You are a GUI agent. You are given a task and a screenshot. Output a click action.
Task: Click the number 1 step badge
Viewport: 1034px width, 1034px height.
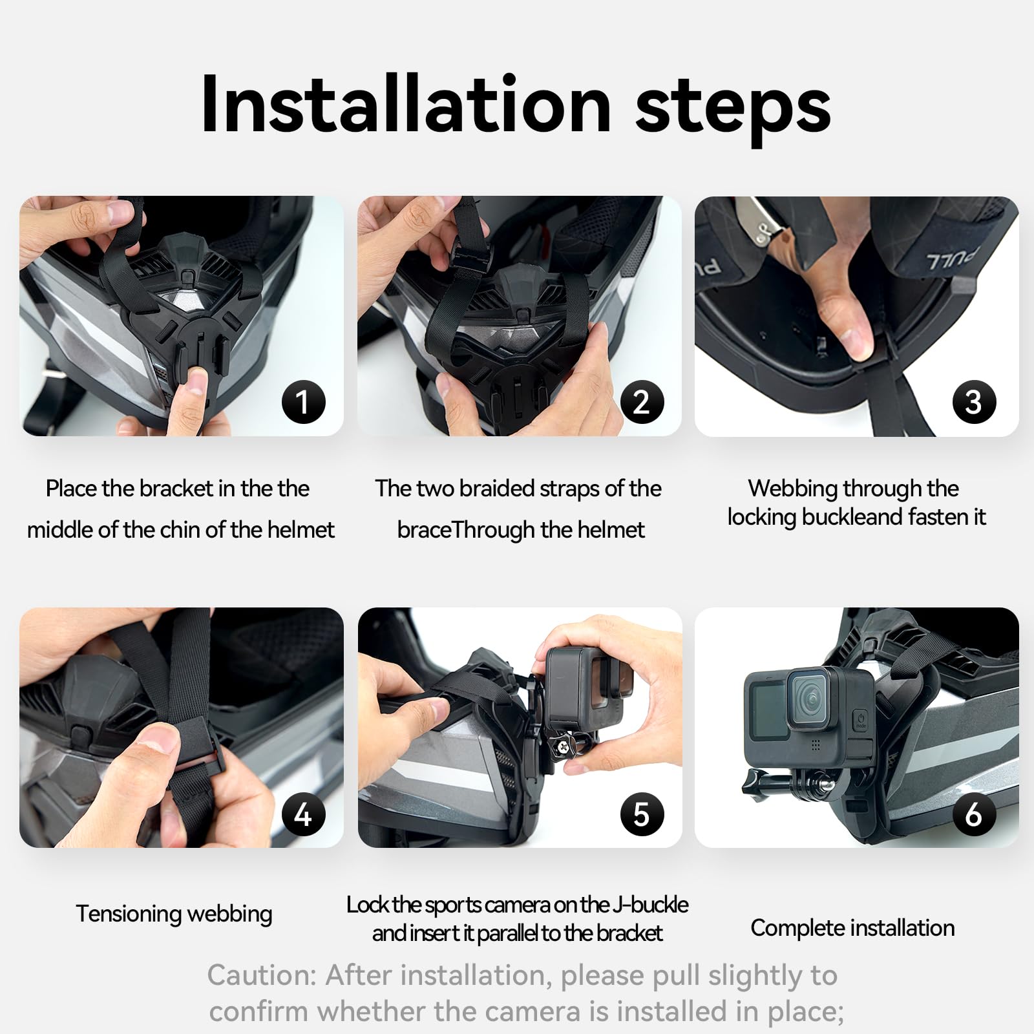[303, 402]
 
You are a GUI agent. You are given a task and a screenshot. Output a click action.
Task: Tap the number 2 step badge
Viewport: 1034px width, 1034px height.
[642, 402]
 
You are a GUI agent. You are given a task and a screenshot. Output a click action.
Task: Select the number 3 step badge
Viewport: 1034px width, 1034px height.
[974, 402]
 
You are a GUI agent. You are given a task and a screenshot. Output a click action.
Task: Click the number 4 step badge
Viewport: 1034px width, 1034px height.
[303, 814]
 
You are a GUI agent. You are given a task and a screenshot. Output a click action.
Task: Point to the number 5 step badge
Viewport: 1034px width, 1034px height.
[642, 814]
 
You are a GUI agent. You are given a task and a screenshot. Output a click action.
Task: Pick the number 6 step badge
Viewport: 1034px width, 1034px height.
[974, 814]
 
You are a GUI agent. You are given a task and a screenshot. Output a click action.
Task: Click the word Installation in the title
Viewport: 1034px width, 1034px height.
[406, 105]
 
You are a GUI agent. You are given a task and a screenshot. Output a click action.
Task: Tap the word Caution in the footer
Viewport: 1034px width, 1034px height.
[261, 975]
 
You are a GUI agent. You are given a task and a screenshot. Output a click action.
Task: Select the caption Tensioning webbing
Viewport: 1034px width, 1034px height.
[174, 914]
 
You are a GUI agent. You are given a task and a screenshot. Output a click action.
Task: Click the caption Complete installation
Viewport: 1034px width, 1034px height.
[852, 928]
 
